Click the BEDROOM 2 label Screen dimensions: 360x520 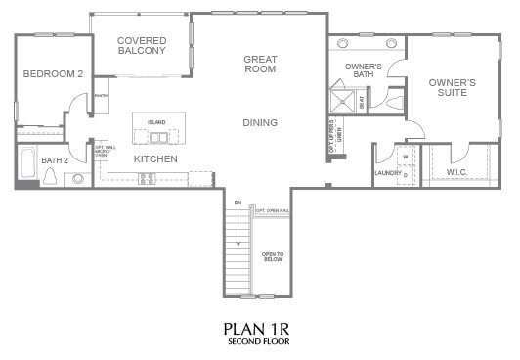point(53,73)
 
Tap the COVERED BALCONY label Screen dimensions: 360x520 point(141,45)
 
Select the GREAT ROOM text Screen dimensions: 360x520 point(260,64)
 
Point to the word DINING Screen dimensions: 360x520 point(260,122)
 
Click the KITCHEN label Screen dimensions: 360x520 point(154,157)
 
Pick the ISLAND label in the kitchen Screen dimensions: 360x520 point(156,122)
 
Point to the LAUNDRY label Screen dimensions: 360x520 point(387,174)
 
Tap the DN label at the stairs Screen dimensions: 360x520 point(237,202)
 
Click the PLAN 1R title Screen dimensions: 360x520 point(259,328)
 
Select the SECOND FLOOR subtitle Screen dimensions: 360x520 point(259,342)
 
